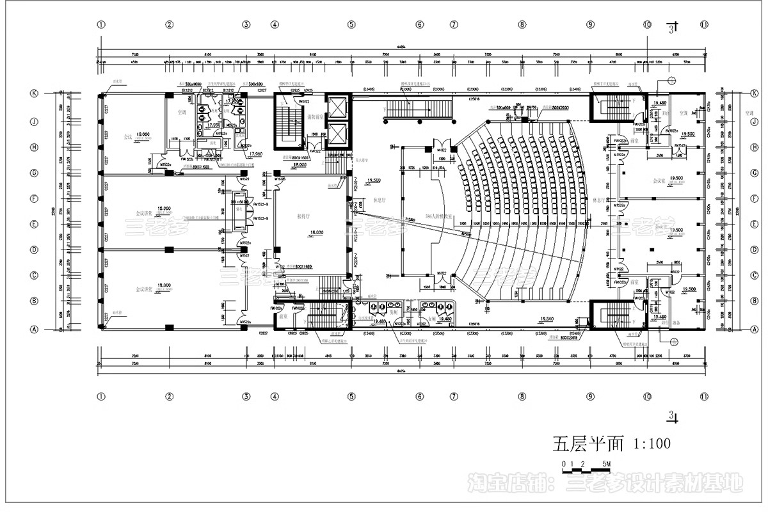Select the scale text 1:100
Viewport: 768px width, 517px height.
tap(652, 443)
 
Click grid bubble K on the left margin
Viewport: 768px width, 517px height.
tap(35, 93)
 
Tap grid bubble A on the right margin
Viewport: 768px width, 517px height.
tap(755, 330)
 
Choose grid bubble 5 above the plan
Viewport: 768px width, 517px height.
tap(351, 25)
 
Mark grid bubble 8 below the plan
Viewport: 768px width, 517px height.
tap(522, 397)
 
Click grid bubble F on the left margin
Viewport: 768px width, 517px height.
tap(35, 198)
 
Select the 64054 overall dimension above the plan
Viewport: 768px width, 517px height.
tap(401, 47)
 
